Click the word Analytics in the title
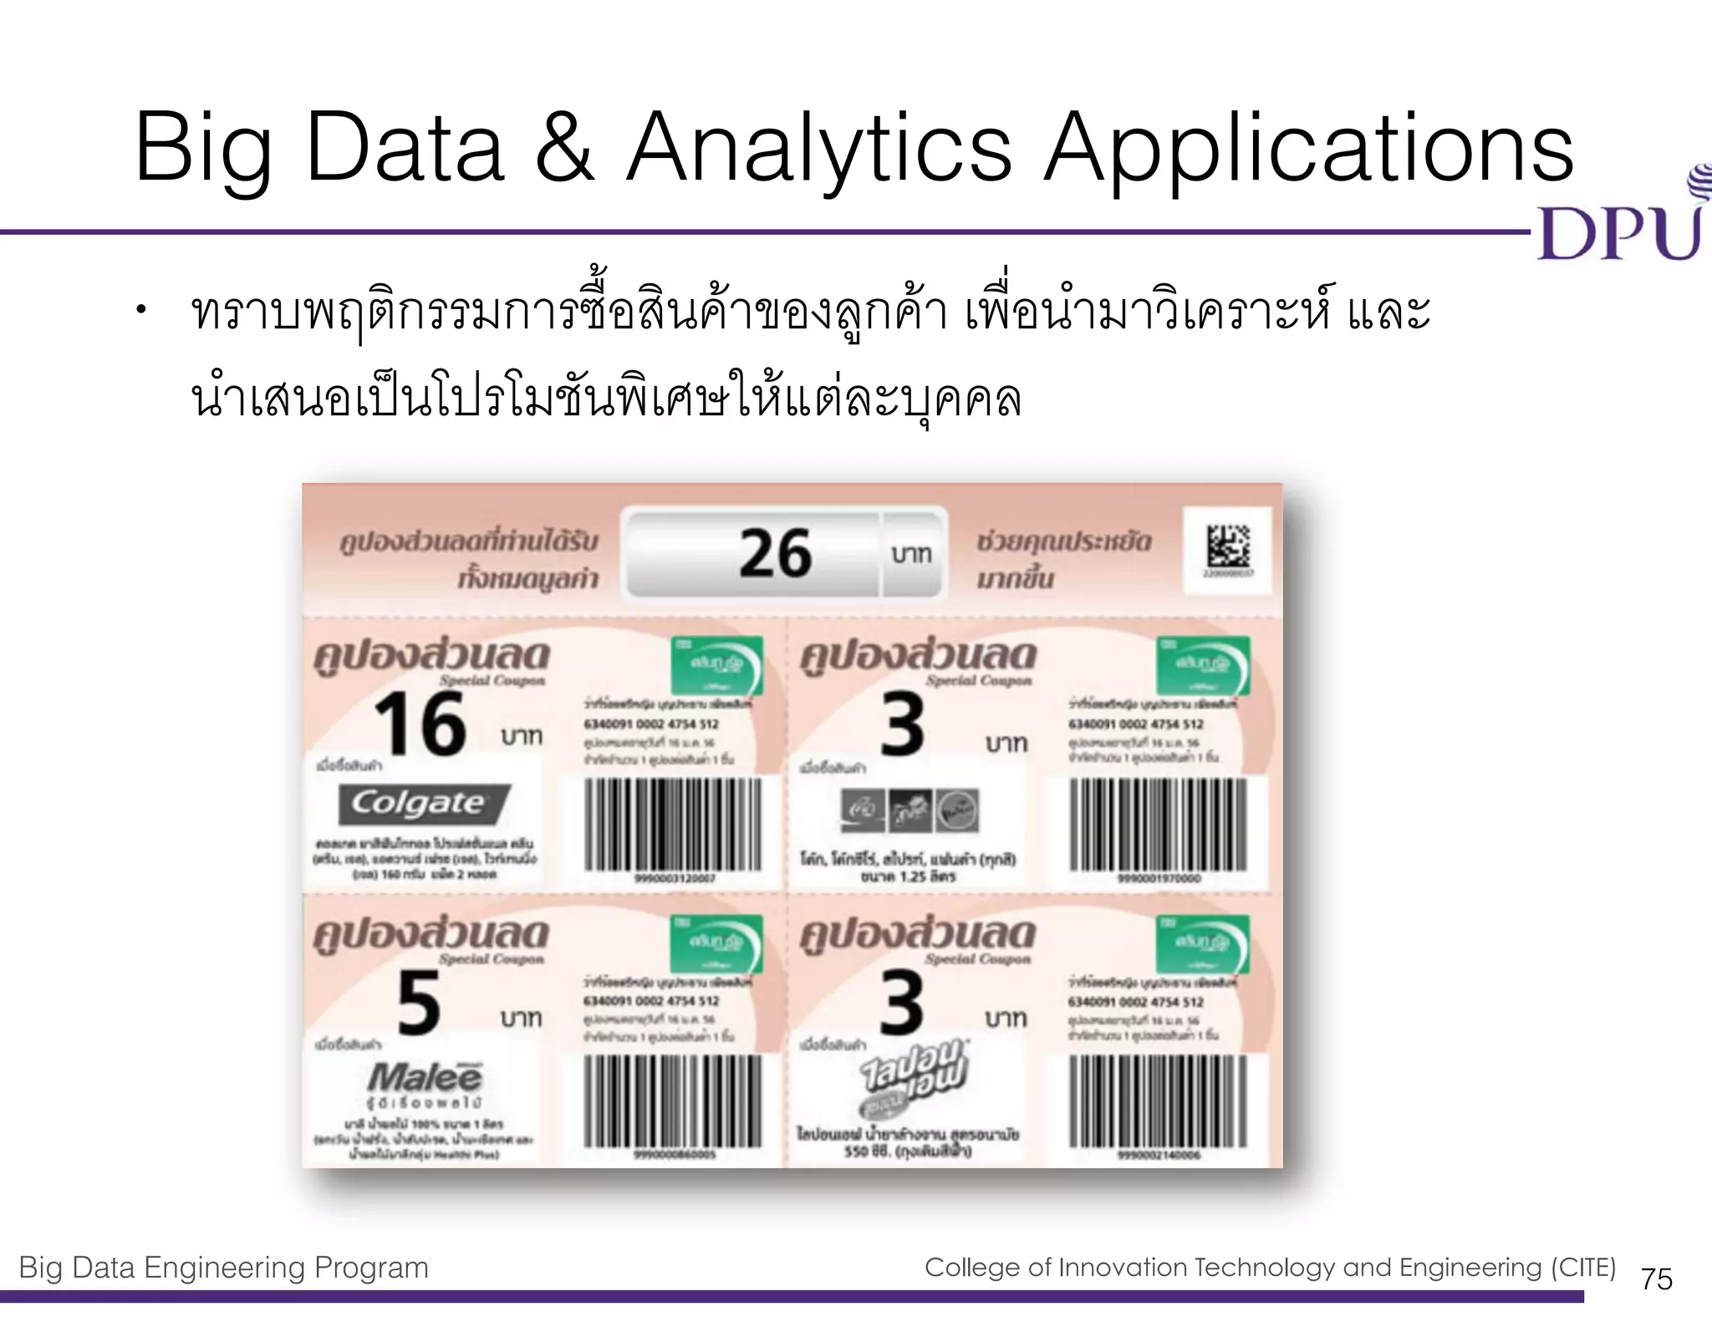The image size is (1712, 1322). coord(819,150)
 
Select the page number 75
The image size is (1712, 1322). coord(1656,1279)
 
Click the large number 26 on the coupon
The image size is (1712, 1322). coord(775,553)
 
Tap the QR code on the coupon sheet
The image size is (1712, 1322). coord(1228,547)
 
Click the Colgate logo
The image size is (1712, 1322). coord(423,804)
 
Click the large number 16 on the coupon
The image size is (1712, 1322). coord(420,725)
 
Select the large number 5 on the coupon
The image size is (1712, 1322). coord(419,1003)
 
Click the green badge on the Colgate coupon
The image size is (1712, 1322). coord(716,665)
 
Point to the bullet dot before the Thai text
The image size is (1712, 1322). coord(142,312)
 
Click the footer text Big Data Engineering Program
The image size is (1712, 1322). coord(223,1267)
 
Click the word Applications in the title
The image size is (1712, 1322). coord(1309,150)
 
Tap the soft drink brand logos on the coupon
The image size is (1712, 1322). coord(909,811)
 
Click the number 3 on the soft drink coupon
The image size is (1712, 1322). coord(903,725)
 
